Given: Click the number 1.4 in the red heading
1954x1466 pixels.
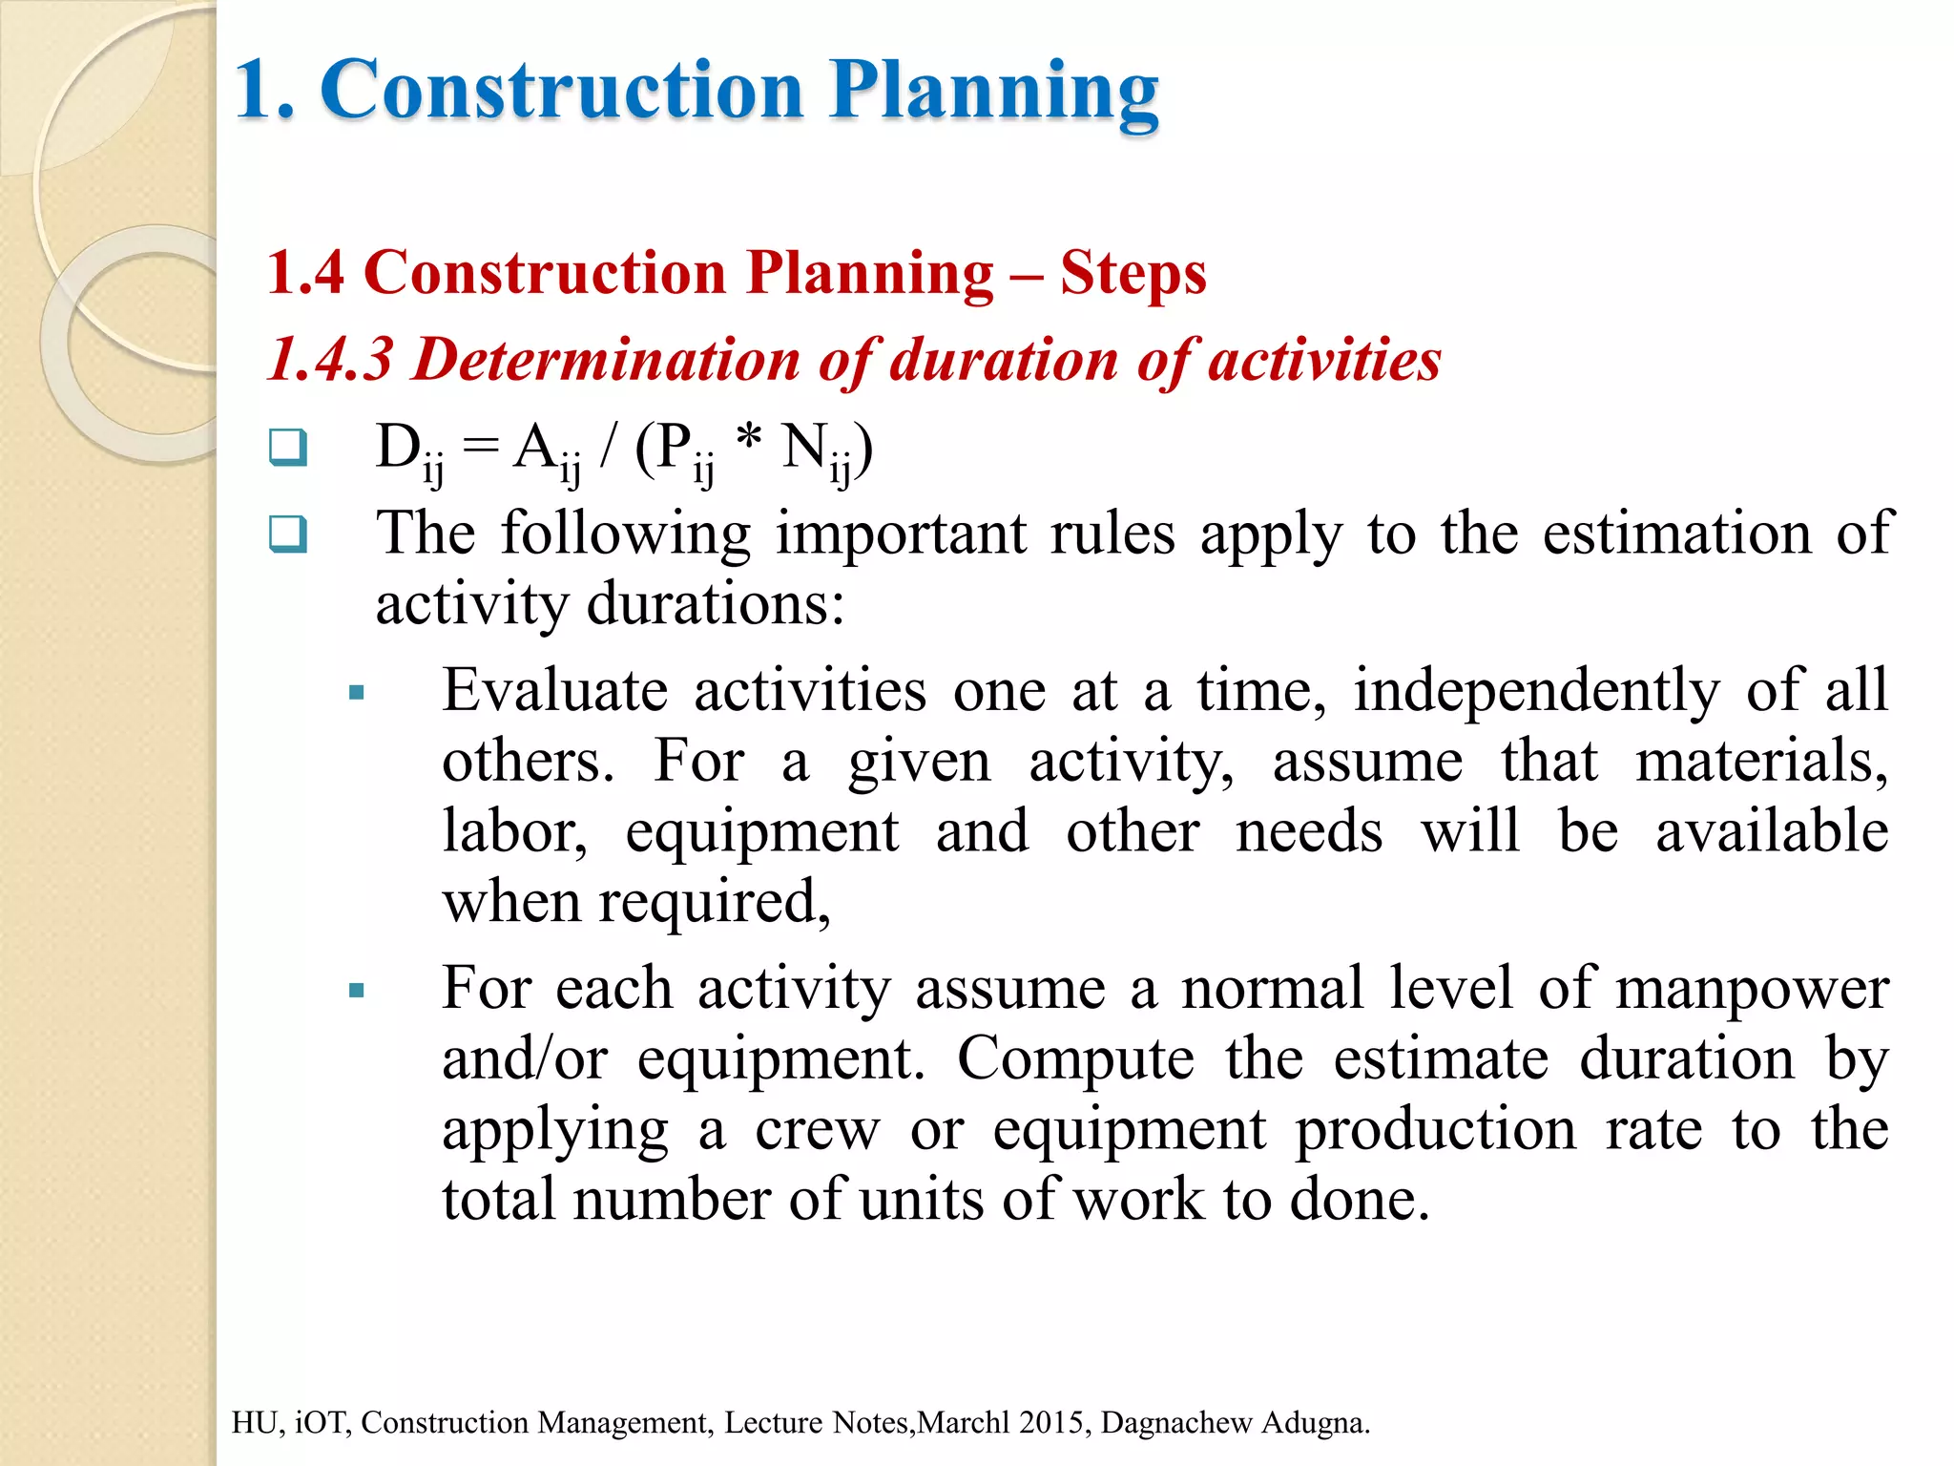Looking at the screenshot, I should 305,274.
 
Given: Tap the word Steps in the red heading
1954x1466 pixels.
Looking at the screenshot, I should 1133,274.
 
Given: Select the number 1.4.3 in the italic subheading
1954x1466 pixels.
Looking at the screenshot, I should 330,360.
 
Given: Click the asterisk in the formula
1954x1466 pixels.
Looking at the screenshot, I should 749,441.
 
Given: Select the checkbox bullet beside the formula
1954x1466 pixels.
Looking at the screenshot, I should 287,447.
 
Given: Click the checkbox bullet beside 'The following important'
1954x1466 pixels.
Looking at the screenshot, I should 287,534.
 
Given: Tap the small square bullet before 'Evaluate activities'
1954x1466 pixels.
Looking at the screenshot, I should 357,693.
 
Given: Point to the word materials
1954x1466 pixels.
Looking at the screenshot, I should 1760,761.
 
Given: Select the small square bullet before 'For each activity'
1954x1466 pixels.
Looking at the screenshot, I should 357,991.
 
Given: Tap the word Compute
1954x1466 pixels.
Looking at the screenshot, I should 1074,1058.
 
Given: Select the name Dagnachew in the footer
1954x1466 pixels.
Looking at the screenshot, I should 1175,1422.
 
